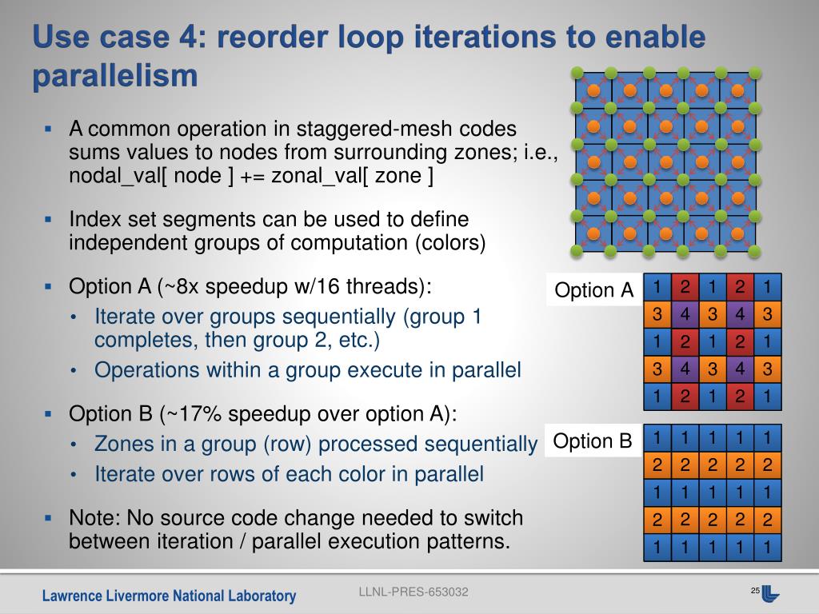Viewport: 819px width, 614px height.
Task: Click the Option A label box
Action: click(593, 290)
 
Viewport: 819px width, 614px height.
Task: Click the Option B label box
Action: click(593, 441)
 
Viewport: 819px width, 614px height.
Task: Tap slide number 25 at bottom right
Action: click(754, 590)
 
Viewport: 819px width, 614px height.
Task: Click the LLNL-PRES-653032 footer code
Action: click(413, 592)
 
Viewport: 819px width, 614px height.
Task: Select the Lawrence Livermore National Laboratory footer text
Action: click(169, 596)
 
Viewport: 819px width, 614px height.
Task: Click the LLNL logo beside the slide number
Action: click(770, 593)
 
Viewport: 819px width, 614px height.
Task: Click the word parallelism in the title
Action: click(114, 76)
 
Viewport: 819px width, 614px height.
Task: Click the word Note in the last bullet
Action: click(90, 517)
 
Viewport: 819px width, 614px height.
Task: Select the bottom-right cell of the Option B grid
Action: click(766, 548)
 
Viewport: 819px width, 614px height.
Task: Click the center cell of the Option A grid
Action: click(712, 341)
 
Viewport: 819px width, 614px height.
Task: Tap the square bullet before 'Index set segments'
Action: click(48, 218)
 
